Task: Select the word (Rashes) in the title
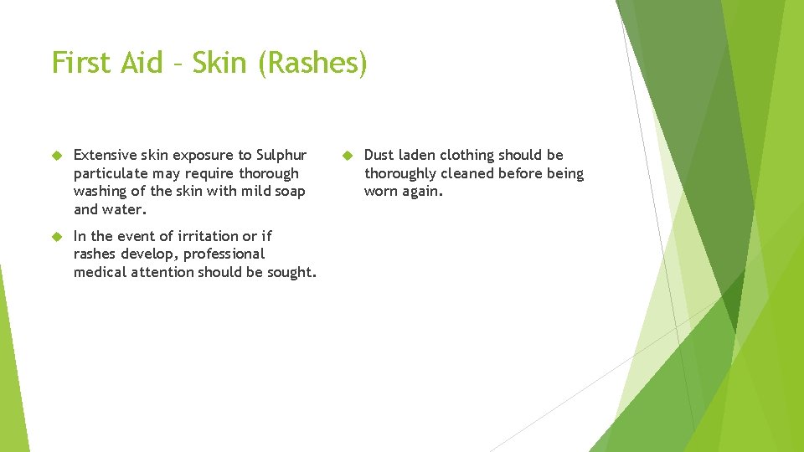coord(312,64)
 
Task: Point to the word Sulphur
coord(281,155)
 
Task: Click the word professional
coord(224,254)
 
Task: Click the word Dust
coord(379,155)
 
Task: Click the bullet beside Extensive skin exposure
coord(58,156)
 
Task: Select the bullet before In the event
coord(58,237)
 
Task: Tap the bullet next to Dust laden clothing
coord(348,156)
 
